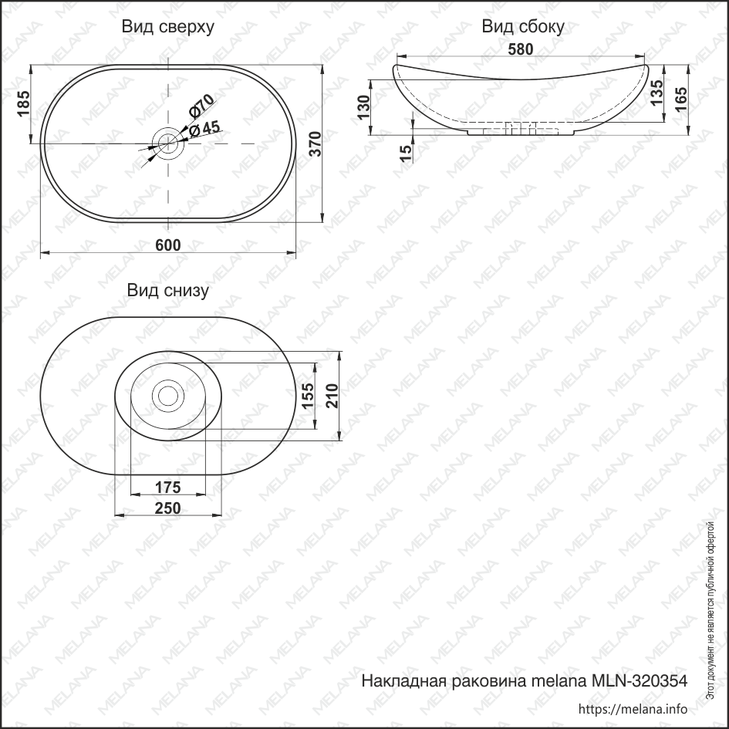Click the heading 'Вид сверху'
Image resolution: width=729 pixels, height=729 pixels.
coord(167,27)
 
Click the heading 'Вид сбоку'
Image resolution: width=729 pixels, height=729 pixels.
coord(523,27)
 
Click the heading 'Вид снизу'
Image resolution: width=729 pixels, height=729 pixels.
coord(167,290)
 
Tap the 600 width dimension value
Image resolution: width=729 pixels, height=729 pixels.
coord(167,245)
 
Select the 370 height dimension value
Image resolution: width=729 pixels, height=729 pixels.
coord(316,143)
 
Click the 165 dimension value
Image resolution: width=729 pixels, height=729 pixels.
coord(681,100)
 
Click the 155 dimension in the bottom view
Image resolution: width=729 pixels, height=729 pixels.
coord(308,396)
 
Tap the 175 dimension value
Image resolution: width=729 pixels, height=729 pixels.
coord(167,487)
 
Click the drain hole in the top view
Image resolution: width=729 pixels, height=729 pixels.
coord(167,140)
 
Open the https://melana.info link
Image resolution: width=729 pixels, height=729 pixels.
coord(632,709)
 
